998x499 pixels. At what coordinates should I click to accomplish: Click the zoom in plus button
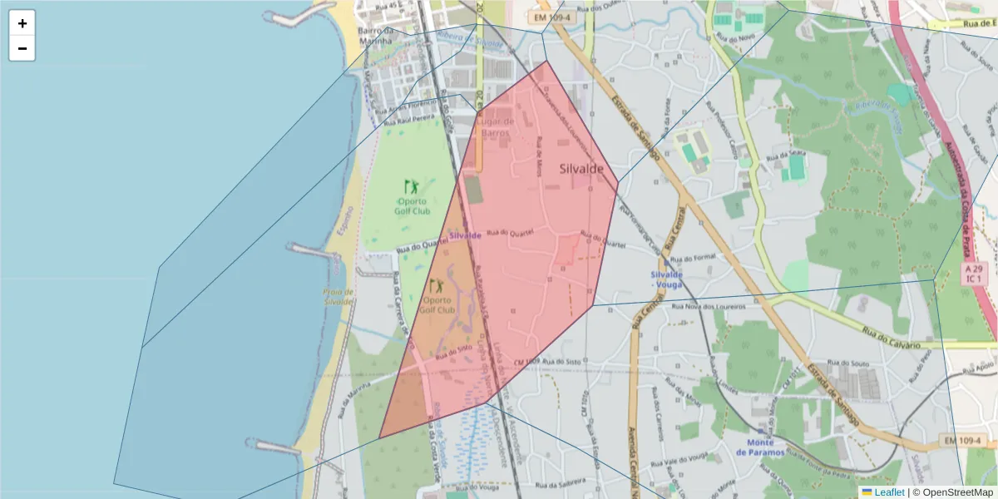(22, 23)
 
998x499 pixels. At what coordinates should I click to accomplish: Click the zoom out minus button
(22, 48)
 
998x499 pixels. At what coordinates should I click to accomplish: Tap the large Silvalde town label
(581, 168)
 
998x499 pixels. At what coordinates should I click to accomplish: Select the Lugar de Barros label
(496, 126)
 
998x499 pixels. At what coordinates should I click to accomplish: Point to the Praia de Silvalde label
(339, 297)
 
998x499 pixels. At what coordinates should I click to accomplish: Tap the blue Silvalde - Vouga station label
(667, 279)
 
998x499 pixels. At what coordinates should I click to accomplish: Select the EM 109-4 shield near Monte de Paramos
(963, 439)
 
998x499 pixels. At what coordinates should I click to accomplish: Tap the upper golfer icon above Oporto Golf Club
(412, 187)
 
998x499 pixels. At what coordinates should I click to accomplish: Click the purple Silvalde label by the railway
(465, 235)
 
